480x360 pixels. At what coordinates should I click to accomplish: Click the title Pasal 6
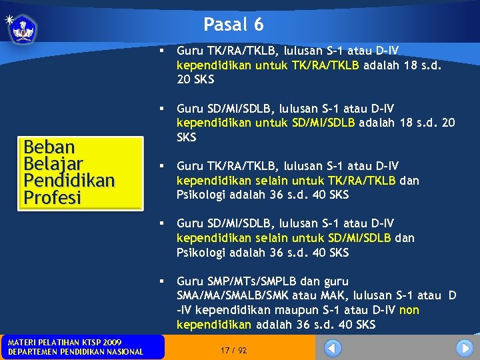tap(234, 25)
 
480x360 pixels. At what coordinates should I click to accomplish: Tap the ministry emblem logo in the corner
tap(23, 29)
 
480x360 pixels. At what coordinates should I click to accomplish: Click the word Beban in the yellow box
tap(49, 147)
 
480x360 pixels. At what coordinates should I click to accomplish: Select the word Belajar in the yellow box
tap(53, 164)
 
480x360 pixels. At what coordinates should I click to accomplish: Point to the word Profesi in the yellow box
tap(52, 197)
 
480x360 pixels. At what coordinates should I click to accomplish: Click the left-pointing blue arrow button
tap(333, 348)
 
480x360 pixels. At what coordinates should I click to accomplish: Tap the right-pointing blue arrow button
tap(465, 348)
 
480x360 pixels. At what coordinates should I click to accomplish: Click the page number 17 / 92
tap(233, 350)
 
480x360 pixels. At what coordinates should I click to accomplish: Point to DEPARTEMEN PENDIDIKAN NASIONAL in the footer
tap(75, 352)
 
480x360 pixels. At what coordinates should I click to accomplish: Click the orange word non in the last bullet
tap(409, 310)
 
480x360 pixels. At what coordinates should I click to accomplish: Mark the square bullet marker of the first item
tap(163, 50)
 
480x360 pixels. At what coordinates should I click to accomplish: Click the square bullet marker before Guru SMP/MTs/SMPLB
tap(163, 281)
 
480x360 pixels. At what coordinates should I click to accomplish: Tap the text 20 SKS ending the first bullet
tap(196, 79)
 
